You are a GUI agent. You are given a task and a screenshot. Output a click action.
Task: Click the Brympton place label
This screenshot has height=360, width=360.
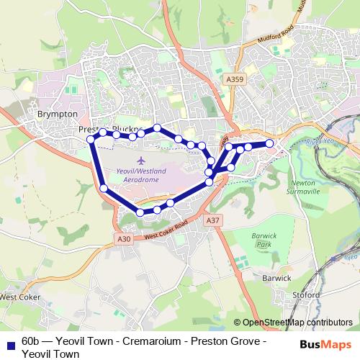[x=56, y=114]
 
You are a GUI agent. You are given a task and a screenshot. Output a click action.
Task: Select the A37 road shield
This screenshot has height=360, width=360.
[x=212, y=220]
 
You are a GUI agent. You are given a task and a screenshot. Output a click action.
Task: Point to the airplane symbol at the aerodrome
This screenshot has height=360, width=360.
[x=140, y=158]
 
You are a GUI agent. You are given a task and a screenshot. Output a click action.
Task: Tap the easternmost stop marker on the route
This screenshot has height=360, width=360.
[x=270, y=143]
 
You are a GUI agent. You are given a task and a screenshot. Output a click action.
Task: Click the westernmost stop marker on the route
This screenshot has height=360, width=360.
[x=91, y=138]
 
